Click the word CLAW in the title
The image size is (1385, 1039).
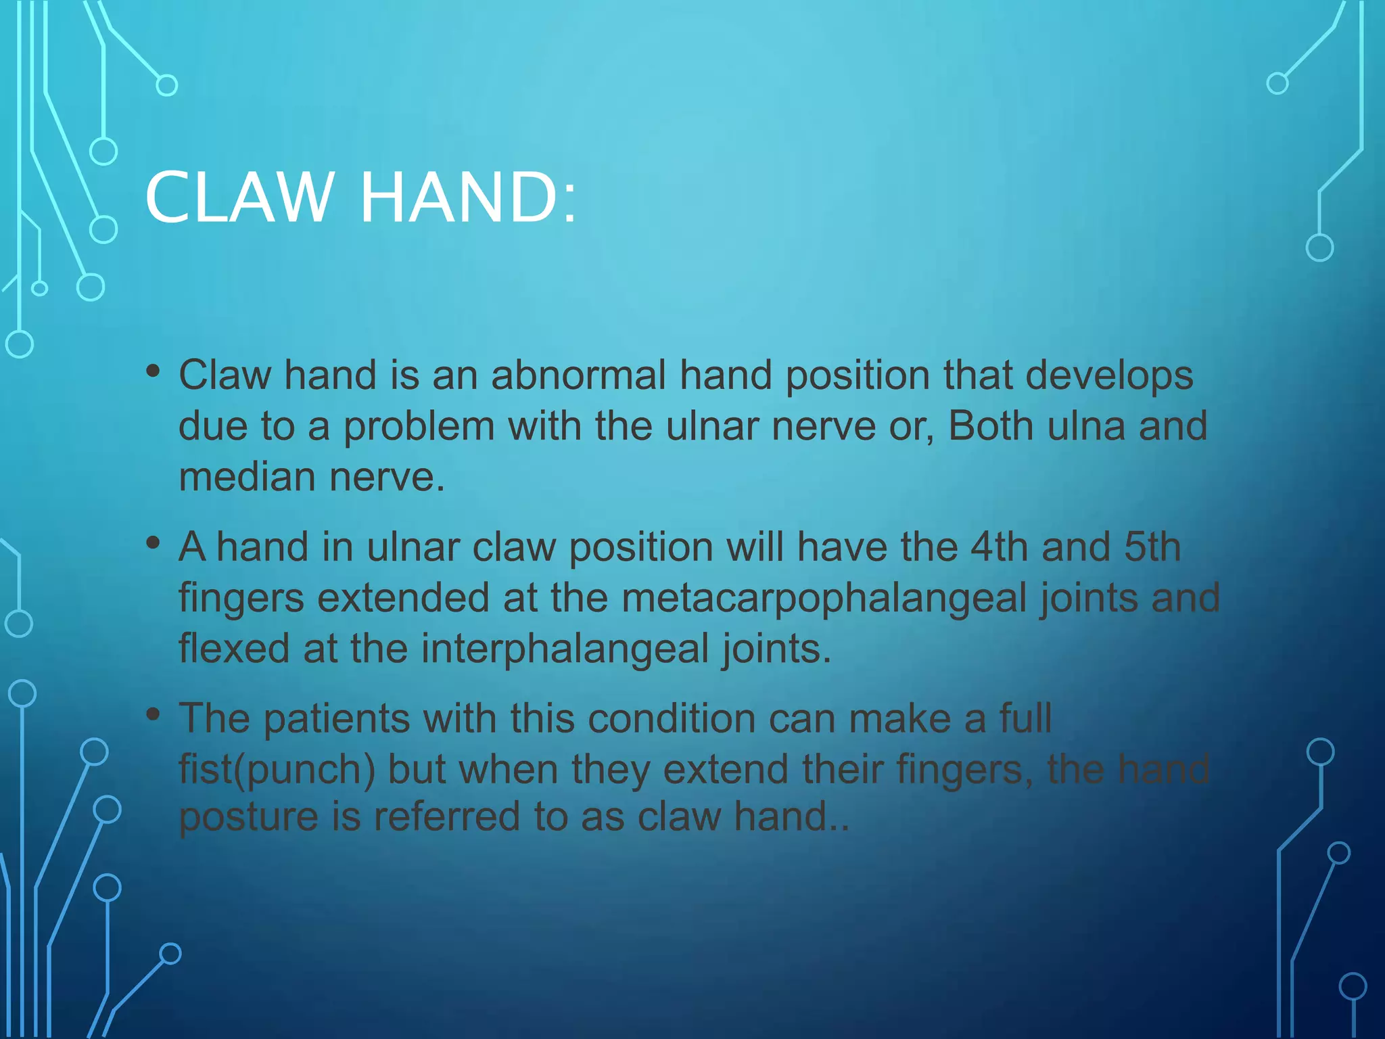240,198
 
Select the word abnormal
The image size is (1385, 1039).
578,375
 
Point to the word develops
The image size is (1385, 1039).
1109,375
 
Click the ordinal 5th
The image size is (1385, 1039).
1152,547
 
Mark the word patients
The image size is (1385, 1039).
337,718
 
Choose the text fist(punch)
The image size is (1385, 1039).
277,770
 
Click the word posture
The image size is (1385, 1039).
248,817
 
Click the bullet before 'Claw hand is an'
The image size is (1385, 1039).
154,371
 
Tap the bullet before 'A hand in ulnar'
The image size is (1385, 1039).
154,542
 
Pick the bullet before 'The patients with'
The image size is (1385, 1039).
154,714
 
